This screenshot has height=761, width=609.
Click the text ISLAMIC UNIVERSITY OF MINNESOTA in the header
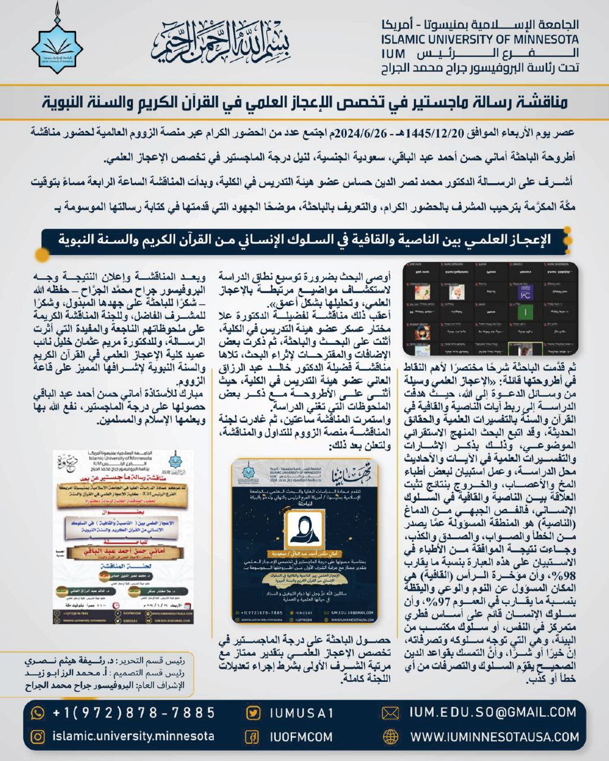[x=479, y=40]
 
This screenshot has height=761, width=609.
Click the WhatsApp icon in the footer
[x=37, y=712]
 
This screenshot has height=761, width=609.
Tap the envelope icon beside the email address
[x=390, y=713]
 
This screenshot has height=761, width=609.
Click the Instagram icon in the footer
[x=37, y=737]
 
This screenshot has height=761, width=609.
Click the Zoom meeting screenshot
[x=491, y=308]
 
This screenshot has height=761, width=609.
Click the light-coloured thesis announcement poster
[x=123, y=537]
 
